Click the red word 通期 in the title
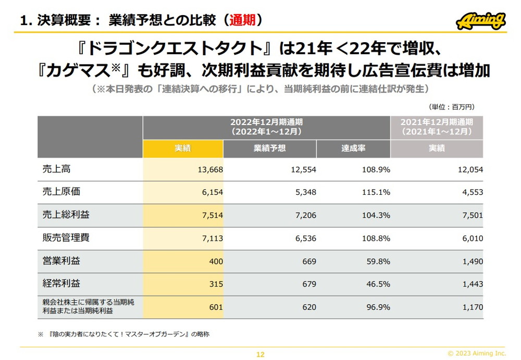coord(242,20)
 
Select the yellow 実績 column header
coord(183,148)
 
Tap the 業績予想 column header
coord(269,148)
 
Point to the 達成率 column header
coord(353,148)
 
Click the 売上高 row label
coord(57,169)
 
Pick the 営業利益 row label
coord(61,261)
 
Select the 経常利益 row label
coord(61,284)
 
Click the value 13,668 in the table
coord(210,169)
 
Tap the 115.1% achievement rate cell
coord(376,192)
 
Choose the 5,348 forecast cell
coord(305,192)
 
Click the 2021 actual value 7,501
coord(472,215)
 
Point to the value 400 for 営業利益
coord(216,261)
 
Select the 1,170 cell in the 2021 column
coord(472,307)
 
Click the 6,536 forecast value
coord(305,238)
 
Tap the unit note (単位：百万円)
coord(452,107)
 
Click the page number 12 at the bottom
coord(260,355)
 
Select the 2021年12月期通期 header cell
coord(437,127)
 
